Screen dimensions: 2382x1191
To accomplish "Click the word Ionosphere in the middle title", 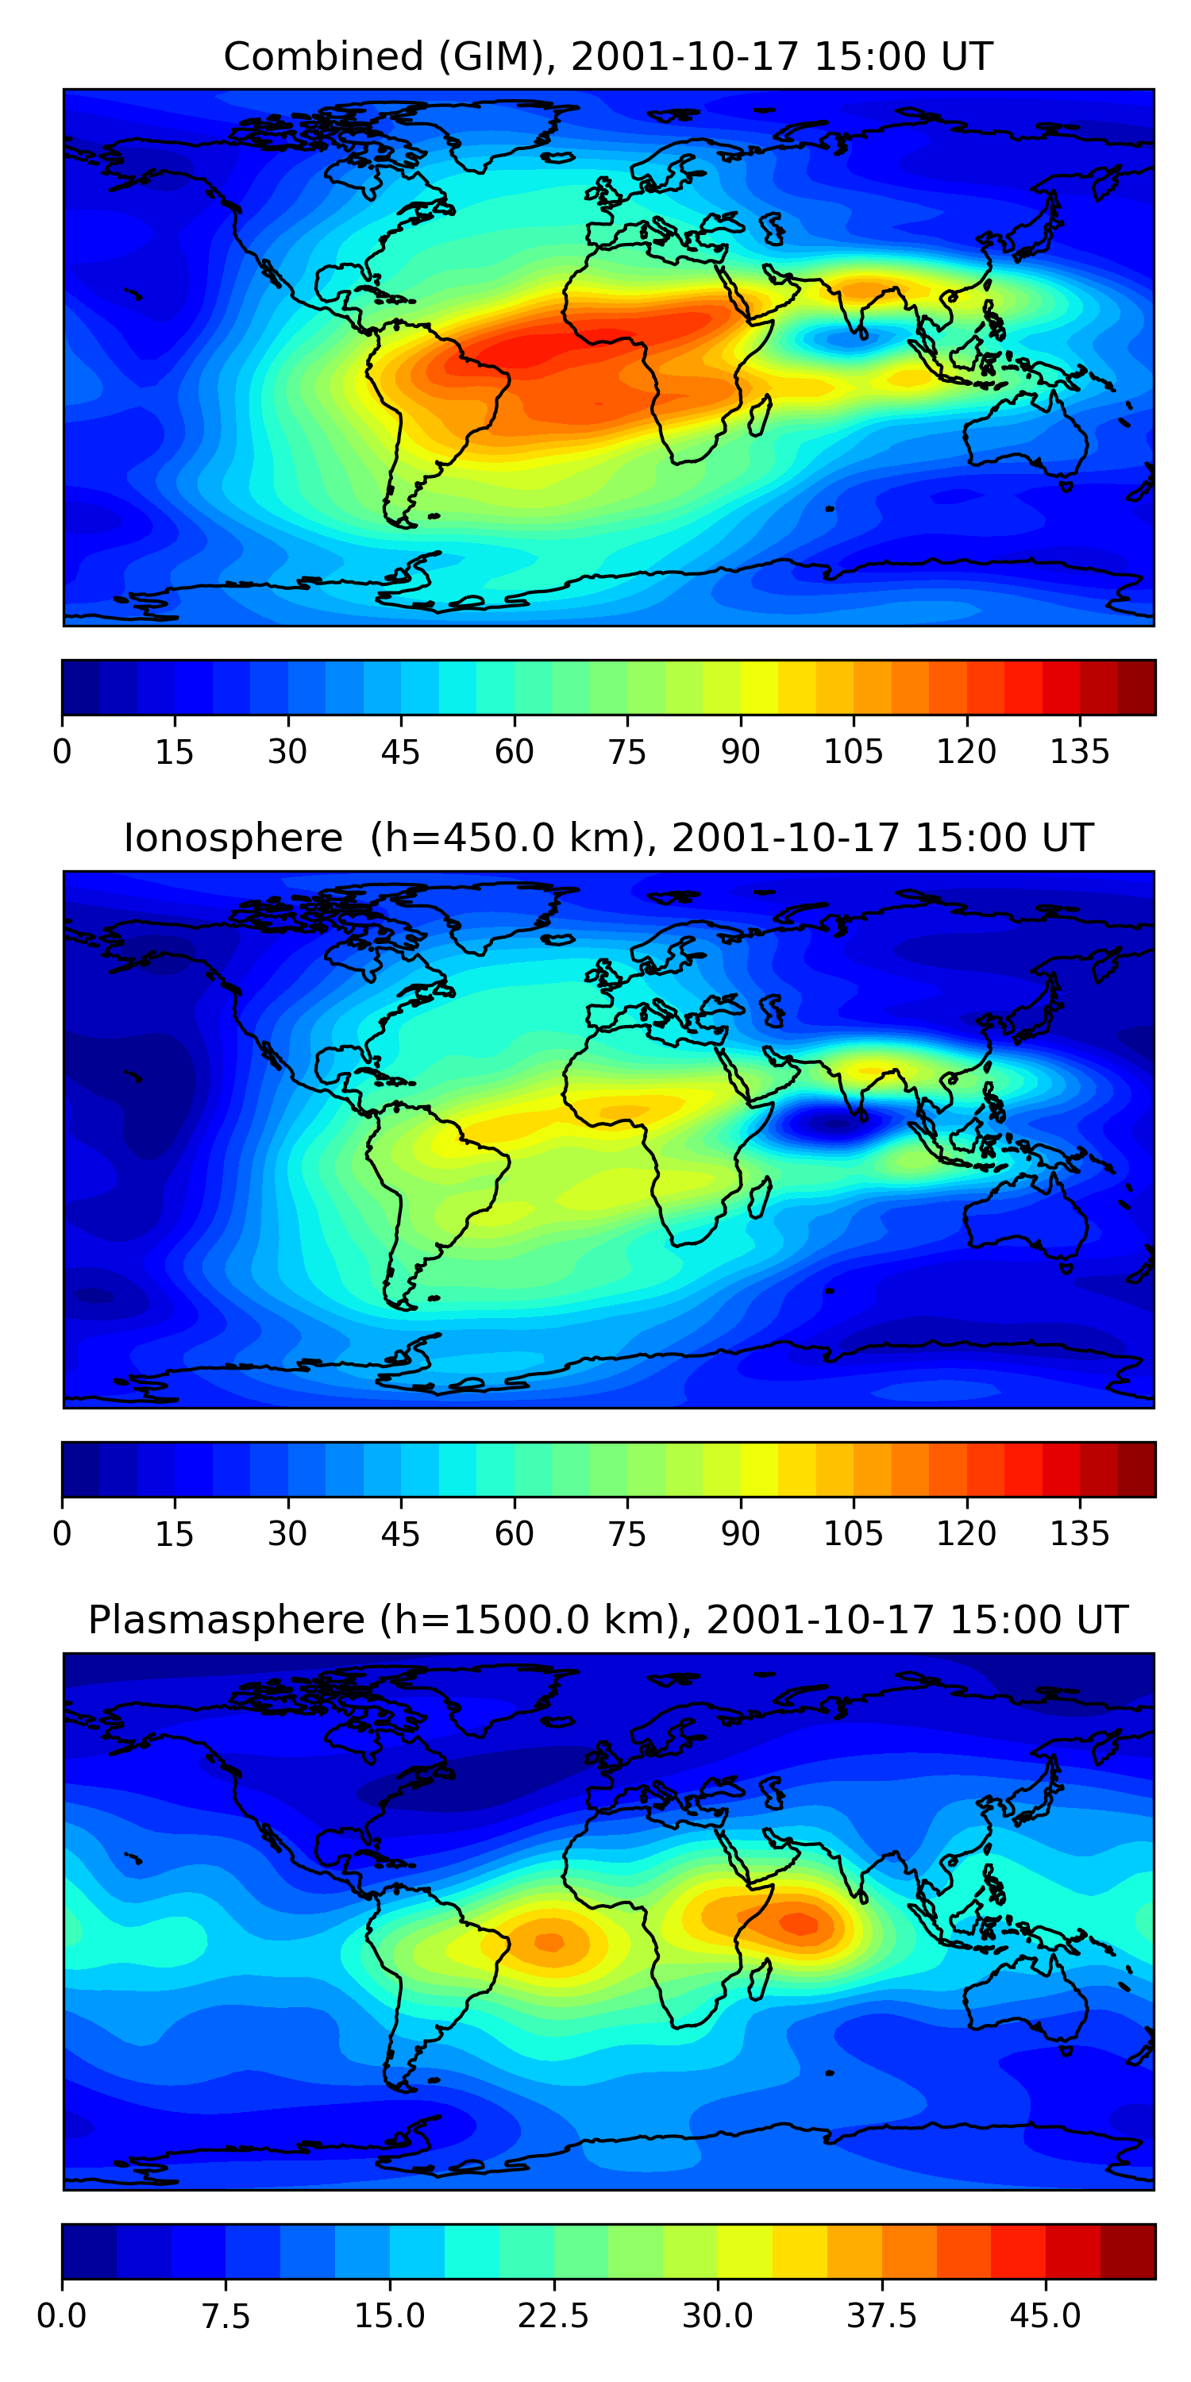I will click(x=233, y=838).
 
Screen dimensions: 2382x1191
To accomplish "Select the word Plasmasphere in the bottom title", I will click(x=225, y=1619).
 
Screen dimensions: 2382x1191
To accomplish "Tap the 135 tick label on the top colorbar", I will click(x=1079, y=752).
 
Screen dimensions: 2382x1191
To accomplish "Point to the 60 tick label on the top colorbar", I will click(x=515, y=752).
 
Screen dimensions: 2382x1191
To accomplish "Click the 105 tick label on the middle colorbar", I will click(x=853, y=1533).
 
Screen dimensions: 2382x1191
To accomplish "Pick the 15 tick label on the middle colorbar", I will click(x=175, y=1533).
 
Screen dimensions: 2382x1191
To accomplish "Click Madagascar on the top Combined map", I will click(x=760, y=416).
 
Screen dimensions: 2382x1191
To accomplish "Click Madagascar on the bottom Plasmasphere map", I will click(x=760, y=1979).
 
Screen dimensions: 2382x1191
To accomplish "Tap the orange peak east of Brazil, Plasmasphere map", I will click(x=550, y=1941).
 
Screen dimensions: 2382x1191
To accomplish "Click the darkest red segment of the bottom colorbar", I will click(x=1127, y=2251).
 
